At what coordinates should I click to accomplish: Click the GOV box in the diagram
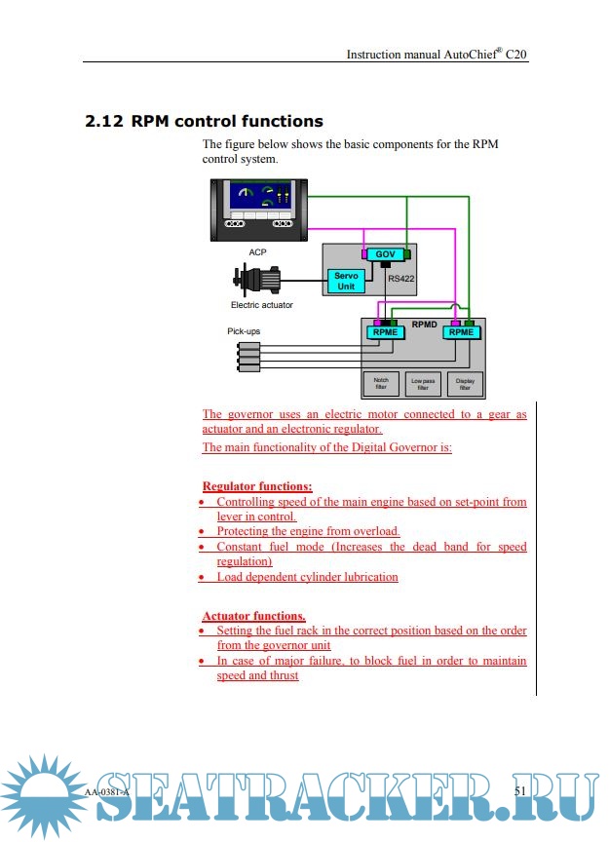[x=386, y=254]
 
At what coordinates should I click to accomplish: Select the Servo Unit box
[x=346, y=281]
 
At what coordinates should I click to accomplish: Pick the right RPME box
[x=461, y=332]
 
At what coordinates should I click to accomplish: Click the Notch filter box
[x=381, y=384]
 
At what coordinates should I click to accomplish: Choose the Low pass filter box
[x=423, y=384]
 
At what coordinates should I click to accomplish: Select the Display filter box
[x=465, y=384]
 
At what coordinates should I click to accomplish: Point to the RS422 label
[x=401, y=279]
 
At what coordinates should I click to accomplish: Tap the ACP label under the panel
[x=257, y=252]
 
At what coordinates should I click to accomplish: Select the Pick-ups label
[x=244, y=331]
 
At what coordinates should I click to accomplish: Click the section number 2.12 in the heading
[x=104, y=122]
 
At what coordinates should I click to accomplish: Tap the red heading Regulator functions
[x=256, y=485]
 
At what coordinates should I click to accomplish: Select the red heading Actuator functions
[x=253, y=616]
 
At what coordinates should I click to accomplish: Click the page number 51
[x=519, y=790]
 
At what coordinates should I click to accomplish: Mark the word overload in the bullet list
[x=373, y=532]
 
